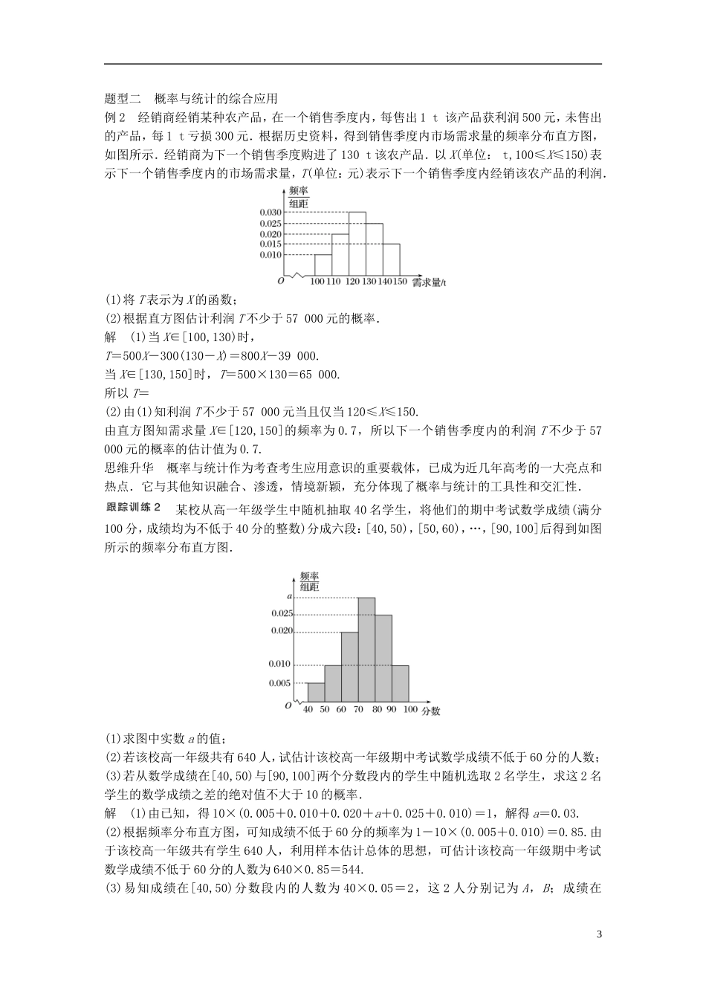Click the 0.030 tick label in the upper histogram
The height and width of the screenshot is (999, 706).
tap(271, 212)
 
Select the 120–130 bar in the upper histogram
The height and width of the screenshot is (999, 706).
tap(357, 243)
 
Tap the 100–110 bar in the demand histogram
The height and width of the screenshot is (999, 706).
tap(322, 265)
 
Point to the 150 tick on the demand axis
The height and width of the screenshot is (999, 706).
tap(401, 282)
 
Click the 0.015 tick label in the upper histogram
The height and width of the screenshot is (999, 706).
tap(271, 244)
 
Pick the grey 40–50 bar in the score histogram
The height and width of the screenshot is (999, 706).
tap(315, 691)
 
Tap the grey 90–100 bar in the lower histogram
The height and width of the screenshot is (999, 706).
tap(400, 682)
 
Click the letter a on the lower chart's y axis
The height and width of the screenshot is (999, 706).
tap(289, 596)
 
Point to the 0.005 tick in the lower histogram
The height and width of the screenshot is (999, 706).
tap(279, 682)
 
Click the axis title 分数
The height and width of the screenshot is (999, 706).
tap(431, 711)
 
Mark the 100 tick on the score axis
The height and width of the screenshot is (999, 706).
tap(409, 710)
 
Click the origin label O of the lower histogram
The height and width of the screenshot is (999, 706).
tap(287, 705)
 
